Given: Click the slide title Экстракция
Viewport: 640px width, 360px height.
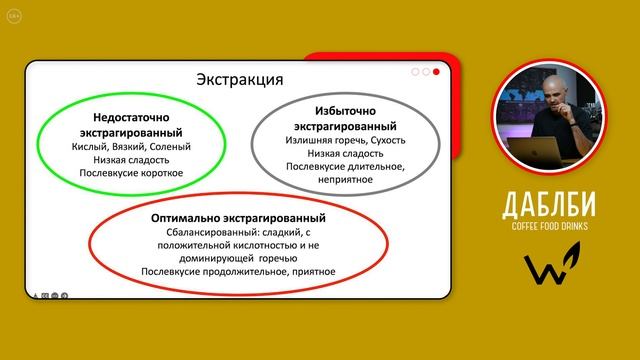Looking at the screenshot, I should click(x=239, y=80).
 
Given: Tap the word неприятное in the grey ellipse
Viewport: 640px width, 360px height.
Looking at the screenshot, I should click(x=344, y=180).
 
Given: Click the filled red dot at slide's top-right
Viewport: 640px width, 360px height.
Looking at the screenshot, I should click(x=437, y=72).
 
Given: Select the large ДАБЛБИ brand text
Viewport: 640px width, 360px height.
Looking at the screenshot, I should click(x=551, y=206).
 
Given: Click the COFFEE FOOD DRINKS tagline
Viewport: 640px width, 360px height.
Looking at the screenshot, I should click(x=551, y=228).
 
